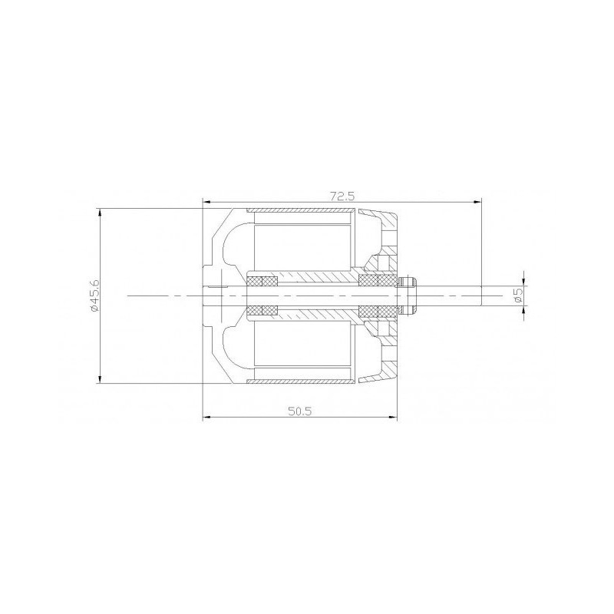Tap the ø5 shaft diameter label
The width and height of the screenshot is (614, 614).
[x=519, y=292]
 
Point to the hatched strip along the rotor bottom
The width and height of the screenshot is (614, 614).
[x=301, y=379]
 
